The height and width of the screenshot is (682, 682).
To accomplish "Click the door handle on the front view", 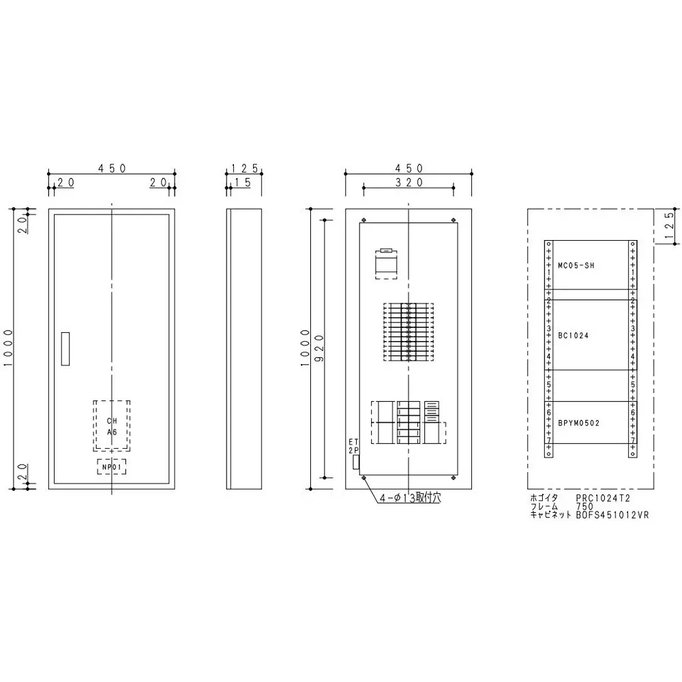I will click(x=65, y=349).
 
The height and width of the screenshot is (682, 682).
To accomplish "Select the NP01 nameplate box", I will click(x=111, y=466).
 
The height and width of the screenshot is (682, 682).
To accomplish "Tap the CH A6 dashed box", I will click(x=111, y=426).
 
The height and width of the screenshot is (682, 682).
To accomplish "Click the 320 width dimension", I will click(x=408, y=182).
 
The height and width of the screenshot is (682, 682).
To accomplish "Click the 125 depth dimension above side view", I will click(x=243, y=168).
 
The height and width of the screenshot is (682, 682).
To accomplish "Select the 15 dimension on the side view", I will click(x=243, y=182).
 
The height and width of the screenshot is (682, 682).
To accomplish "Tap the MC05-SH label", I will click(x=576, y=266).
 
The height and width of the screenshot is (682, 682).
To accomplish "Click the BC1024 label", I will click(x=573, y=336).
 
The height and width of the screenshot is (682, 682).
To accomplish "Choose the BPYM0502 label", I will click(x=579, y=423).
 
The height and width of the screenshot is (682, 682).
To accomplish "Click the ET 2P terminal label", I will click(x=353, y=447).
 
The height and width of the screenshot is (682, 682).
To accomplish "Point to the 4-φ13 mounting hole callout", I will click(x=411, y=499).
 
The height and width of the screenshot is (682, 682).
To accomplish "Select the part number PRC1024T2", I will click(x=603, y=499).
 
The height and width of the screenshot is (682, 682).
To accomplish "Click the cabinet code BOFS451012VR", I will click(x=612, y=516).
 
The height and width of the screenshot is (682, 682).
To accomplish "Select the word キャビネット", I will click(x=552, y=516).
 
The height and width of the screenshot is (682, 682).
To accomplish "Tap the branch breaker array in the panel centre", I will click(x=407, y=332).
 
